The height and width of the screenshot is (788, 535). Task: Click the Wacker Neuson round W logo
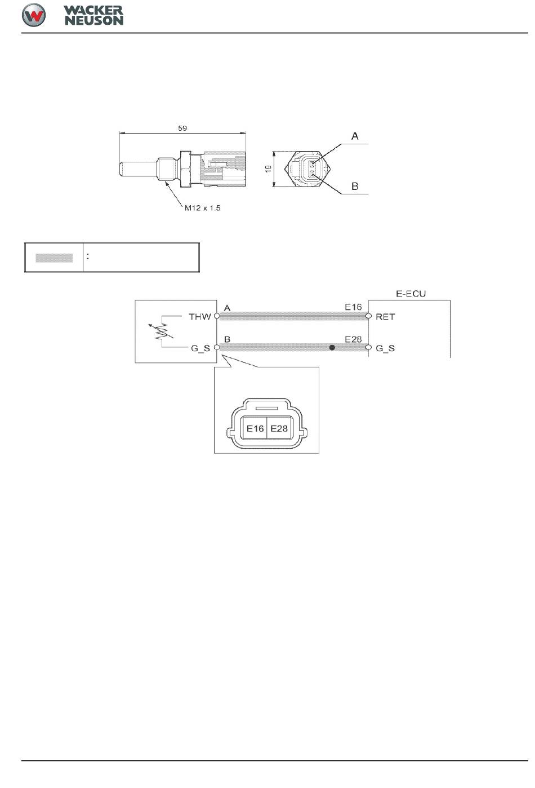[34, 15]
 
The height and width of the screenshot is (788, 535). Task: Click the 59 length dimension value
[182, 129]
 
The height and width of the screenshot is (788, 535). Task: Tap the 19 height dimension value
[269, 169]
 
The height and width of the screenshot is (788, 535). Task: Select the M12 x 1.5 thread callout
[203, 208]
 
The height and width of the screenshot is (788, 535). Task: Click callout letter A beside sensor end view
[355, 136]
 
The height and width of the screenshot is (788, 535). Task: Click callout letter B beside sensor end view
[355, 186]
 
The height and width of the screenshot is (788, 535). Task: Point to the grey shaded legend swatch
[54, 258]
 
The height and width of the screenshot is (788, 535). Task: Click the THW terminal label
[199, 317]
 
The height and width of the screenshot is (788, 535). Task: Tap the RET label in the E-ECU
[385, 317]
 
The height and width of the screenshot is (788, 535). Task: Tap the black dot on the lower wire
[332, 348]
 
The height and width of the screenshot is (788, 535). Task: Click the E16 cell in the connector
[255, 428]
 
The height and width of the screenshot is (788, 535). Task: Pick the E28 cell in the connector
[279, 428]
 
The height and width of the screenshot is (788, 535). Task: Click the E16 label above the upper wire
[353, 307]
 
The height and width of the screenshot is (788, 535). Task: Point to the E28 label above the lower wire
[353, 339]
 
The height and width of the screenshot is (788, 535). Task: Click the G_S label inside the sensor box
[200, 348]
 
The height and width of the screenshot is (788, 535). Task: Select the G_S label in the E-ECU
[385, 348]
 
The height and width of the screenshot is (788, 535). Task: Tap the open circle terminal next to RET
[369, 316]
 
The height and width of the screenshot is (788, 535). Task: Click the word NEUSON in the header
[94, 20]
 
